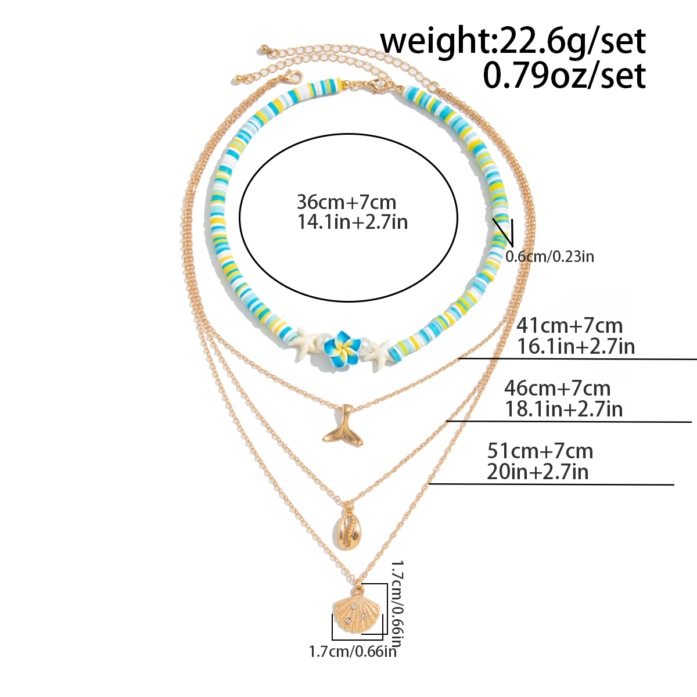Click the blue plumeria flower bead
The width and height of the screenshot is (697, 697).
pos(340,348)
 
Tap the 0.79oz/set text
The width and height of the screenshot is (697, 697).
pos(564,76)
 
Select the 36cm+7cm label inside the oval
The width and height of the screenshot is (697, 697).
pos(346,202)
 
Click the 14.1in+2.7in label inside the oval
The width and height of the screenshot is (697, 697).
pos(352,222)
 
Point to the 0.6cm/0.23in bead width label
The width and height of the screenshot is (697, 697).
pos(549,256)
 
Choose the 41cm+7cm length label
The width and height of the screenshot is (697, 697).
pos(569,325)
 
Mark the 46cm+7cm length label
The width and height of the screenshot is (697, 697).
pos(557,388)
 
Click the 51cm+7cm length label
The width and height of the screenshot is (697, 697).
pos(540,451)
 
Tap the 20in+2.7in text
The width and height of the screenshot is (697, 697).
pos(537,472)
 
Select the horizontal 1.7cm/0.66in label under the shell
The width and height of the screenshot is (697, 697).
pos(352,651)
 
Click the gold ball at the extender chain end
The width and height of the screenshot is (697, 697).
pos(265,46)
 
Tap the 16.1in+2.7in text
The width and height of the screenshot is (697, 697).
pos(576,346)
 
